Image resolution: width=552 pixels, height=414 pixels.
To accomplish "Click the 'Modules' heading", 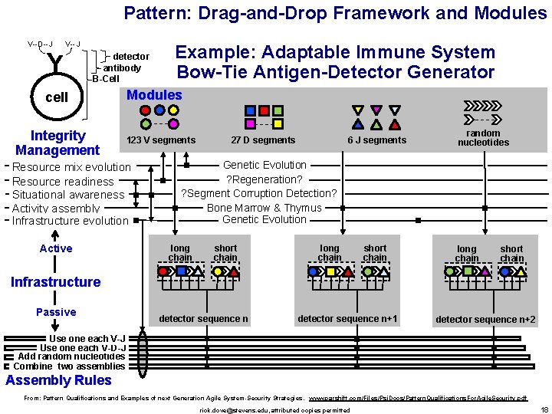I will click(x=154, y=95).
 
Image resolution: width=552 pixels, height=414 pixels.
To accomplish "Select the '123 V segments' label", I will click(x=161, y=140).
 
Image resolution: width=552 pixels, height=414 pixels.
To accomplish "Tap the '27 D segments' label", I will click(x=263, y=140).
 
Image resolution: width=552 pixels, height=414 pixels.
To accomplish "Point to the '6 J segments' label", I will click(x=376, y=140).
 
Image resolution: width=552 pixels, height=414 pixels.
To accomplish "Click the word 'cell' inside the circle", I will click(x=57, y=97).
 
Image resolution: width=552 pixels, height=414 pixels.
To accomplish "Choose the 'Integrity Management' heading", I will click(x=58, y=143).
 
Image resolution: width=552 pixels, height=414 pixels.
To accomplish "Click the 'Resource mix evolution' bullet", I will click(x=71, y=167).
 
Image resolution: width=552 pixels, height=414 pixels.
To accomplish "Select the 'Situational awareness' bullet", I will click(x=68, y=195).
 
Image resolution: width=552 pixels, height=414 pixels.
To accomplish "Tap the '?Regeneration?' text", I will click(x=258, y=179).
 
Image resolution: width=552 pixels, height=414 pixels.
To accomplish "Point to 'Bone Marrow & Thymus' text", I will click(x=264, y=208).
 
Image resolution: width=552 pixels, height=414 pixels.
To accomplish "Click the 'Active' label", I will click(x=56, y=248).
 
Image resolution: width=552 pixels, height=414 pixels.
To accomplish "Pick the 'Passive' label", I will click(x=56, y=312).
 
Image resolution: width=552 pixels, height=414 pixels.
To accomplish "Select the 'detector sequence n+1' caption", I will click(x=347, y=319).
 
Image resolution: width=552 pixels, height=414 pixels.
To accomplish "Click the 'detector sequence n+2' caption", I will click(x=485, y=320).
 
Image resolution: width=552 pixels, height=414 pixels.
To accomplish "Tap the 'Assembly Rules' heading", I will click(x=58, y=380).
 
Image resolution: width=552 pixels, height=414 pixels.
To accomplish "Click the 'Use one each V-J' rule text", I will click(x=87, y=338).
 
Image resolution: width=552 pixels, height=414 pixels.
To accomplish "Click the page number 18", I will click(x=544, y=409).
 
